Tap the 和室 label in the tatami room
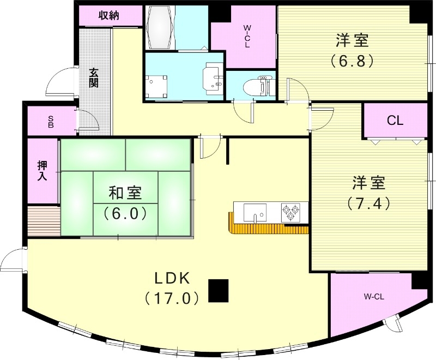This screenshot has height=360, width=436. (125, 193)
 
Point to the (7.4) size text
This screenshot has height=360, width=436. (368, 203)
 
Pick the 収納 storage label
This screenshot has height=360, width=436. (108, 15)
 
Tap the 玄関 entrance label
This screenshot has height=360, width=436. (94, 77)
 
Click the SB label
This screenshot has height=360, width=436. (51, 121)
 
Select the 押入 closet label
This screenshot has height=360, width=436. (43, 170)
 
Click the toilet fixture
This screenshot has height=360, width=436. (256, 86)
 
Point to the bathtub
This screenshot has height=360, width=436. (161, 27)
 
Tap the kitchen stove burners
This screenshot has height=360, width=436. (289, 212)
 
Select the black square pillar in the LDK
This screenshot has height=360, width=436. (219, 290)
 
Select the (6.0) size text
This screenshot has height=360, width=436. (125, 213)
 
